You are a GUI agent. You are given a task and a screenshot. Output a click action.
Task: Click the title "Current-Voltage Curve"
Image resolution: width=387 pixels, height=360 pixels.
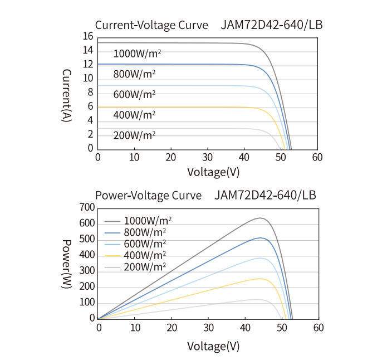[x=151, y=25]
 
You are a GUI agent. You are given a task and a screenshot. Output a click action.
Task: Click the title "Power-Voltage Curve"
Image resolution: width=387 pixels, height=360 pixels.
[x=148, y=196]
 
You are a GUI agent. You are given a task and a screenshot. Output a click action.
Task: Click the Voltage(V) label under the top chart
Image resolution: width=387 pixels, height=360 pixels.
[x=213, y=172]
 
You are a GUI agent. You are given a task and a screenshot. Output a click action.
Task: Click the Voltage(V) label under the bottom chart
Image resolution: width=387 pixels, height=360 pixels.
[x=213, y=346]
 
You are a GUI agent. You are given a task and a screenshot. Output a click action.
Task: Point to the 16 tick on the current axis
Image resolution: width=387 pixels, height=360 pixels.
[x=87, y=37]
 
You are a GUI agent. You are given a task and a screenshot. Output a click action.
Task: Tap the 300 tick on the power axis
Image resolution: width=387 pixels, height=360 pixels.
[x=87, y=271]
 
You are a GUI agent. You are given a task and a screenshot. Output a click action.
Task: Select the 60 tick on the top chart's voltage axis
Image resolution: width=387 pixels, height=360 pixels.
[x=317, y=157]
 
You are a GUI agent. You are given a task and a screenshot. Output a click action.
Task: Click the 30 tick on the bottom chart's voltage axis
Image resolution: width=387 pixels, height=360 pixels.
[x=208, y=328]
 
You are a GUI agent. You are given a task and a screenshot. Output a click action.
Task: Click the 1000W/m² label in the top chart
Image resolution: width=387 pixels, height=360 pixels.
[x=138, y=54]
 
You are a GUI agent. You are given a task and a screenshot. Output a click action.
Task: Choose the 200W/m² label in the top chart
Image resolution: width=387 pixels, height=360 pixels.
[x=134, y=135]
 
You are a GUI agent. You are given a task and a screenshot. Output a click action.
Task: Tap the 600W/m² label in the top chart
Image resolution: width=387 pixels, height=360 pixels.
[x=134, y=94]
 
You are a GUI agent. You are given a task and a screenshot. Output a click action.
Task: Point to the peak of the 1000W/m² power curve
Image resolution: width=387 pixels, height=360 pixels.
[x=259, y=218]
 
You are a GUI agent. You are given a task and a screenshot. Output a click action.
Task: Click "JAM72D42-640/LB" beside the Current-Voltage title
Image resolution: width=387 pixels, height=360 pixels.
[x=272, y=25]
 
